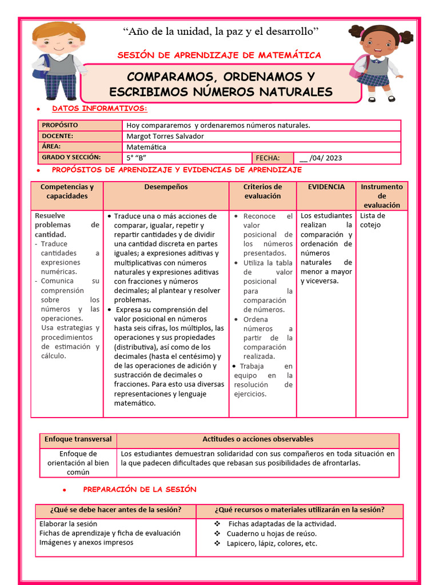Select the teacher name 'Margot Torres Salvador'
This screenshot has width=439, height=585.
[x=165, y=136]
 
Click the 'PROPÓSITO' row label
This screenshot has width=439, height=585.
[x=59, y=125]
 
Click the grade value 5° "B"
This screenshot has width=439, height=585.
[x=137, y=158]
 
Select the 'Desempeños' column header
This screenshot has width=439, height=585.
[x=166, y=187]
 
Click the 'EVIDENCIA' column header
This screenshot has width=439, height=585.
[x=326, y=187]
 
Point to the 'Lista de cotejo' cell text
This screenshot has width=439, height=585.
[x=373, y=220]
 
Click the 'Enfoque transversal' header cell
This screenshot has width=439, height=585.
[x=78, y=439]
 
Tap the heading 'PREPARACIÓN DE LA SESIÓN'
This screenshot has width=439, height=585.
[x=139, y=490]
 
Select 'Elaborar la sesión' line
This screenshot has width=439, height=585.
[x=68, y=523]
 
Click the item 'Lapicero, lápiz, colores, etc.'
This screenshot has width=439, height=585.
[x=272, y=543]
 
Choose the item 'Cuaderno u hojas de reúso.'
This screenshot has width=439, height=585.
[x=272, y=534]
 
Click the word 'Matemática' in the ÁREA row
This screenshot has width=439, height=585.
[x=146, y=147]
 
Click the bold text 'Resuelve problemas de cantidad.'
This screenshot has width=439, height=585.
[x=67, y=225]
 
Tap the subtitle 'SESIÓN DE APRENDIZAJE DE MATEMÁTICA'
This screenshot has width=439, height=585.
[x=219, y=55]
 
